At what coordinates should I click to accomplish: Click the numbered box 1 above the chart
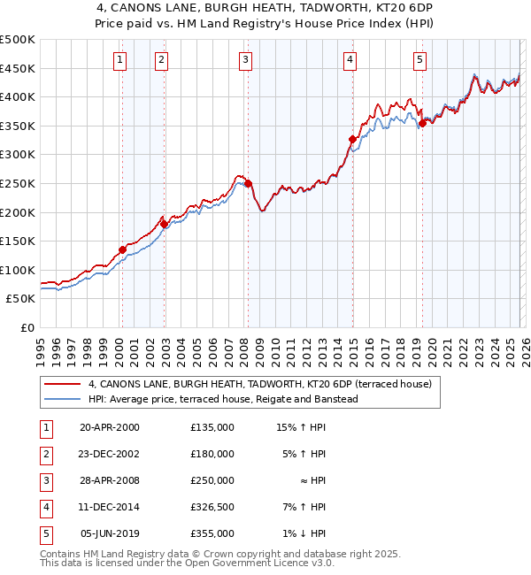(x=119, y=60)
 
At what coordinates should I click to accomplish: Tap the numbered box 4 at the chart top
(x=350, y=60)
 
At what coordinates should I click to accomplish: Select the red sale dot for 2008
(x=248, y=184)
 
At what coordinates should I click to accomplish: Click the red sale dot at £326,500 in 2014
(x=352, y=139)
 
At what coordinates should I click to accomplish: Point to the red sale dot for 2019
(x=422, y=123)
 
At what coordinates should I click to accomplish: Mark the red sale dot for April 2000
(x=122, y=249)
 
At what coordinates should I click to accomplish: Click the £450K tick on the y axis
(x=18, y=68)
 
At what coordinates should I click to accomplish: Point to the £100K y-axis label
(x=18, y=270)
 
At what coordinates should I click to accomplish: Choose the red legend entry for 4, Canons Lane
(x=259, y=384)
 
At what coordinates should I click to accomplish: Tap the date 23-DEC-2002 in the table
(x=110, y=454)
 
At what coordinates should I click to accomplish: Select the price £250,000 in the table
(x=212, y=480)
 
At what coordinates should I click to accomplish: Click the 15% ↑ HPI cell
(x=302, y=427)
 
